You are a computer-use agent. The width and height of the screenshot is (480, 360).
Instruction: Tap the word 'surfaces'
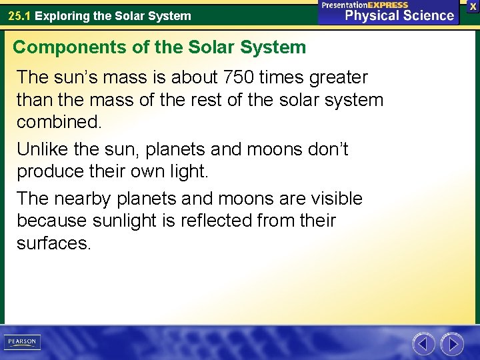pos(53,243)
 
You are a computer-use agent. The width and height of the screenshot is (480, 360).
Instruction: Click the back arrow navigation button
pos(423,344)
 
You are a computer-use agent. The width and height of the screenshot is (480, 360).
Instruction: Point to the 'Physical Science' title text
pos(399,15)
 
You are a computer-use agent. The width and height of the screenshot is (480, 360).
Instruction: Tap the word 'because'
pos(53,221)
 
